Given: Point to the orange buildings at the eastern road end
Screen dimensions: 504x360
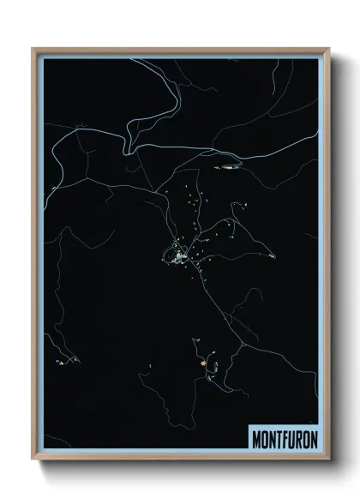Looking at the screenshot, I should click(x=272, y=255).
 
